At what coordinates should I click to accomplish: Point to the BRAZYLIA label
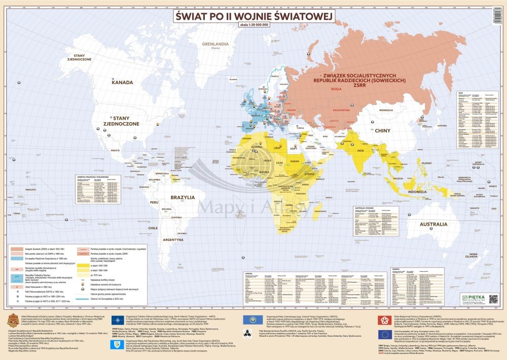(x=183, y=197)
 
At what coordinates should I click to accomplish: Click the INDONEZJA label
(x=420, y=192)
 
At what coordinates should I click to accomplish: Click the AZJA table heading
(x=461, y=93)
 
